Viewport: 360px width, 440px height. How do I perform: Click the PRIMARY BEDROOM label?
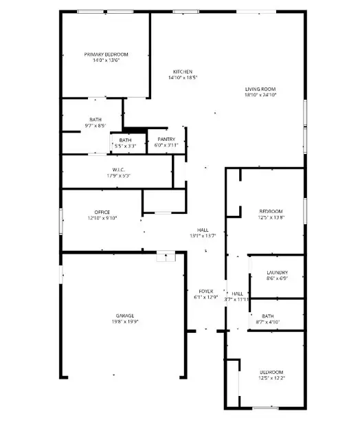106,54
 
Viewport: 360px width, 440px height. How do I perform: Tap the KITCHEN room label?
182,71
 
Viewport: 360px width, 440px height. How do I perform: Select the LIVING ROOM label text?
260,89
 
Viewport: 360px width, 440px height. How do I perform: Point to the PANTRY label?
166,140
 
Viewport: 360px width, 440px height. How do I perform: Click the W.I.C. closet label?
118,170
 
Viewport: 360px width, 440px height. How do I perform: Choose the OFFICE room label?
102,212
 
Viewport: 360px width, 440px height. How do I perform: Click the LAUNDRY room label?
277,273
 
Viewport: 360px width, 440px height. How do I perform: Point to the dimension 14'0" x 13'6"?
106,60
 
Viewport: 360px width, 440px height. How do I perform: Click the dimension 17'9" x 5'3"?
118,176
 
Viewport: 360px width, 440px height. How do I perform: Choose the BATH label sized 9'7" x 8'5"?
95,120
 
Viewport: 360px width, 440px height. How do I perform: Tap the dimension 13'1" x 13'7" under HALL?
203,236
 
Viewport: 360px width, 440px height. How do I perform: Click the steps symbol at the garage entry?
166,257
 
